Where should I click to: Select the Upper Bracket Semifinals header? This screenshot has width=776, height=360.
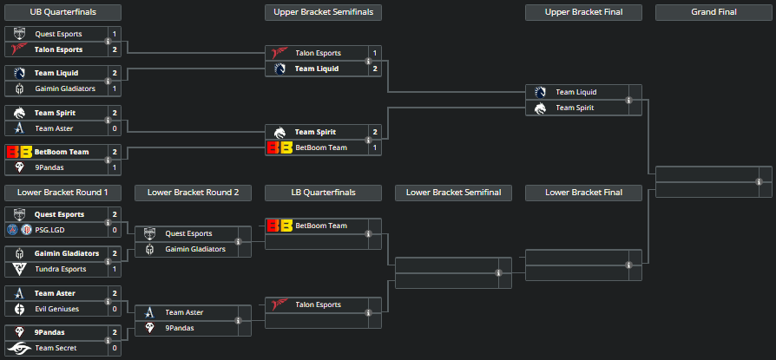coord(323,12)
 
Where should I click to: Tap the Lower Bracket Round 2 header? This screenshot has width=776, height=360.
coord(193,192)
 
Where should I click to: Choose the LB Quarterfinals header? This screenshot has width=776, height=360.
coord(323,192)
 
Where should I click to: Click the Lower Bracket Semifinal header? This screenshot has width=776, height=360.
coord(453,192)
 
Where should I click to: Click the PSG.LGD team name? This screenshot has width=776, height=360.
coord(51,230)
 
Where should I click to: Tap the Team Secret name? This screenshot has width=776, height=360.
coord(56,348)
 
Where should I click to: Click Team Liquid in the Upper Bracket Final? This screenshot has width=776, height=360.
coord(575,92)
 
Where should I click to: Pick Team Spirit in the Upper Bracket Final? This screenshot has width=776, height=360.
coord(575,108)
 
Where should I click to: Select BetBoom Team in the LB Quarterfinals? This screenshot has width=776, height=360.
coord(321,226)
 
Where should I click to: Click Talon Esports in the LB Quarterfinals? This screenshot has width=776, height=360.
coord(319,304)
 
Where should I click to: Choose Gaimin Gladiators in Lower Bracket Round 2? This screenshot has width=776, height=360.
coord(195,249)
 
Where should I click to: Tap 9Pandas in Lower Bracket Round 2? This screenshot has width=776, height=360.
coord(181,328)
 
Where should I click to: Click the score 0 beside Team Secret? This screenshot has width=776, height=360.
coord(115,348)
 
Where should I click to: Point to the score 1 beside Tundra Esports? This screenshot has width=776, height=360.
coord(115,269)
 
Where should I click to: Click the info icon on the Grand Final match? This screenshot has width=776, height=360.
coord(759,181)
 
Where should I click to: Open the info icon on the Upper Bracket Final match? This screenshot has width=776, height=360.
coord(628,100)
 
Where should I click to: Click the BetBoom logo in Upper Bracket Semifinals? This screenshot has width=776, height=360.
coord(279,147)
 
